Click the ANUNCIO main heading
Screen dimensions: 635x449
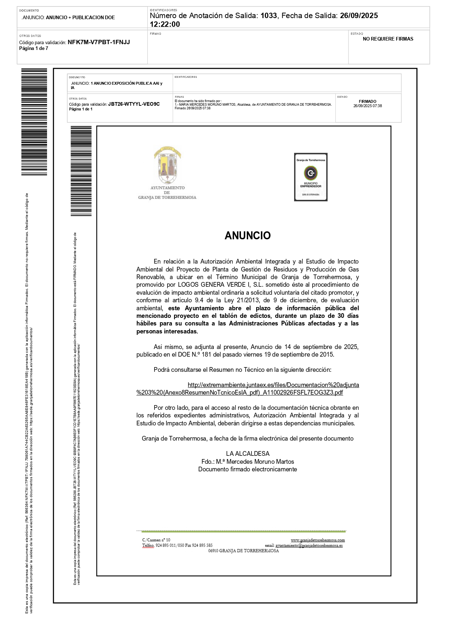pyautogui.click(x=247, y=236)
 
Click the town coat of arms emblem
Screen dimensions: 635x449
pyautogui.click(x=168, y=166)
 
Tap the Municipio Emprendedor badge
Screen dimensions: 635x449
pyautogui.click(x=311, y=177)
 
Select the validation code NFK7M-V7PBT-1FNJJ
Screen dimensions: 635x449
pyautogui.click(x=99, y=42)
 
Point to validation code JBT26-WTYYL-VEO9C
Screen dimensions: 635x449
pyautogui.click(x=134, y=104)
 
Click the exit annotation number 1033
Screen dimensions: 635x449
pyautogui.click(x=268, y=16)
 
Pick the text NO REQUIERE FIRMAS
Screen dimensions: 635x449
pyautogui.click(x=388, y=39)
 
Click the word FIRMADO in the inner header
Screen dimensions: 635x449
pyautogui.click(x=368, y=102)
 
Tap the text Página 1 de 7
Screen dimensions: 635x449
pyautogui.click(x=34, y=49)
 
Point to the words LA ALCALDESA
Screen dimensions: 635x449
pyautogui.click(x=248, y=454)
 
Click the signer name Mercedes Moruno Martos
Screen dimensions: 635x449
pyautogui.click(x=260, y=462)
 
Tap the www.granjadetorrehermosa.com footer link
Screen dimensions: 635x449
pyautogui.click(x=318, y=540)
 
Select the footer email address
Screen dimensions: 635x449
pyautogui.click(x=309, y=546)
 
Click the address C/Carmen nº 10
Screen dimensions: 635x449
pyautogui.click(x=156, y=540)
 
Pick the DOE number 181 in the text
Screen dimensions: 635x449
pyautogui.click(x=206, y=355)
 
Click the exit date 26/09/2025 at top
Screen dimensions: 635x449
pyautogui.click(x=359, y=16)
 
